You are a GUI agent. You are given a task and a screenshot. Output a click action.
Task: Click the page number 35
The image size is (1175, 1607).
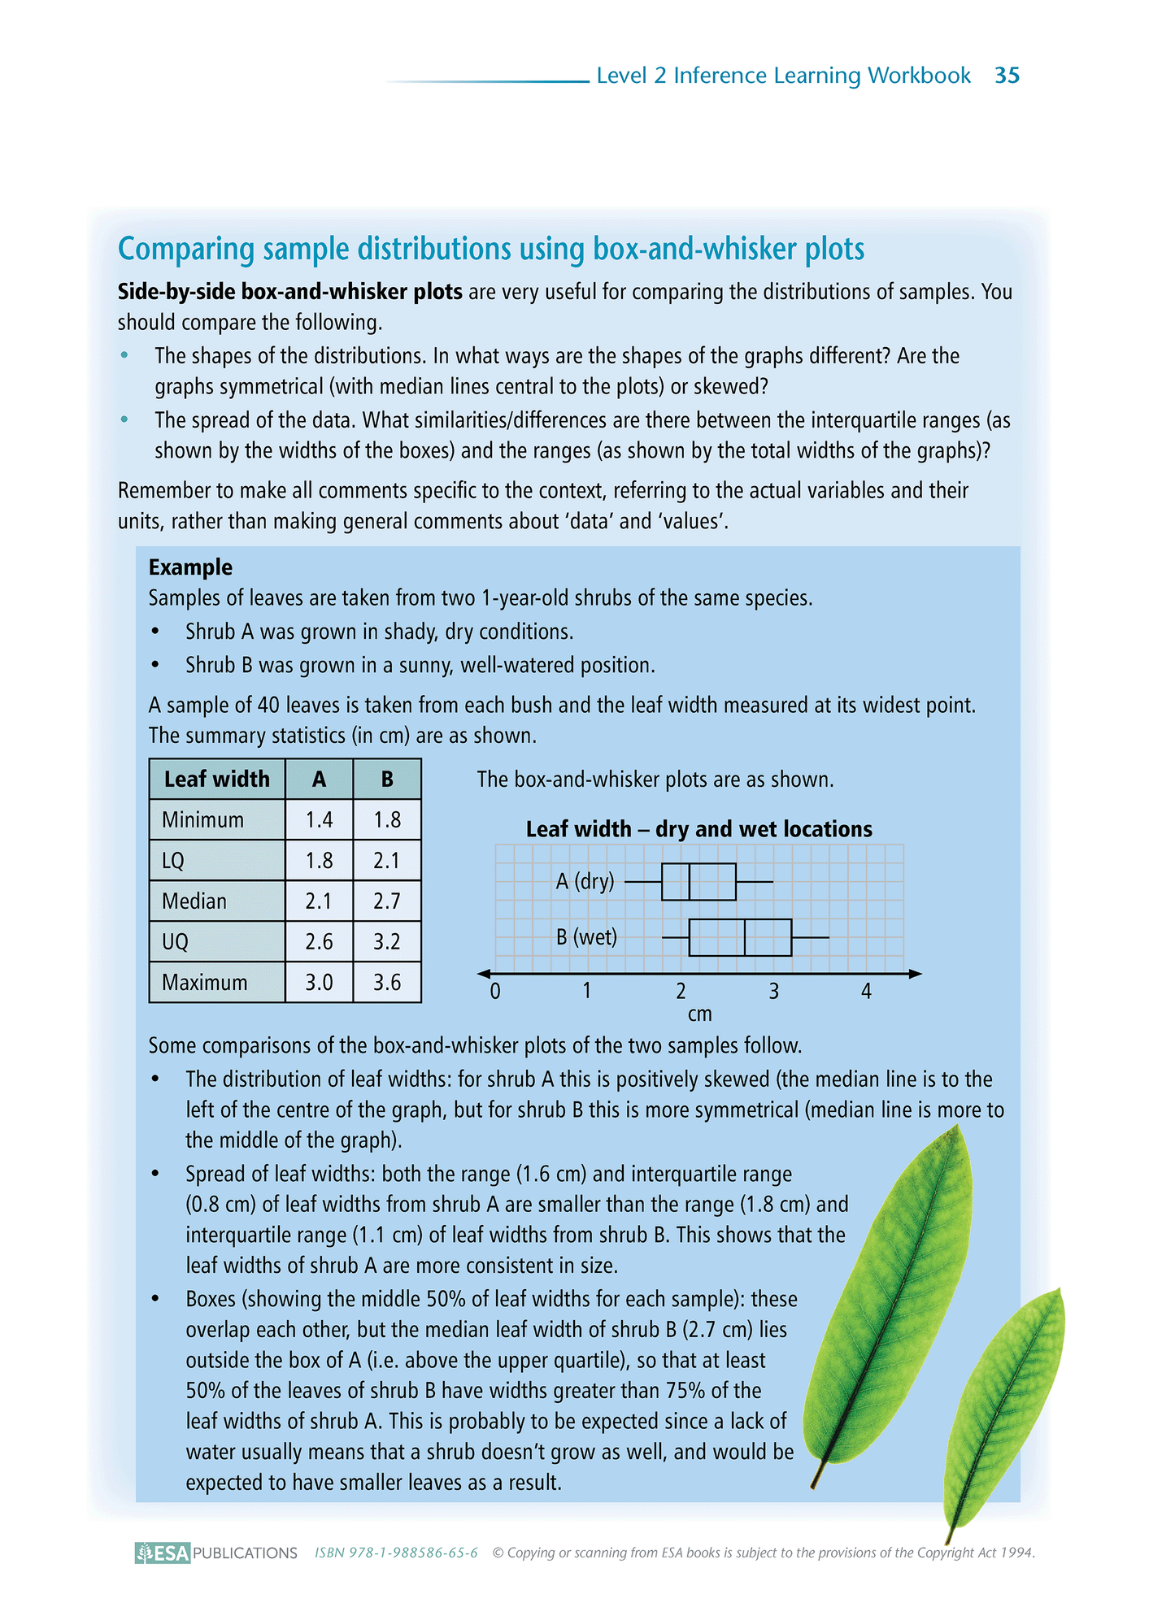(1007, 76)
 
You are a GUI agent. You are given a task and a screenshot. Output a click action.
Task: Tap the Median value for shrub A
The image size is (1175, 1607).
(319, 901)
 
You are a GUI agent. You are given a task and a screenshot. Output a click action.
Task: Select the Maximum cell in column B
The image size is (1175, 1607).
(387, 982)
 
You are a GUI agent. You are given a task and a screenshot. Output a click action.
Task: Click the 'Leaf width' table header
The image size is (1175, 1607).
(216, 779)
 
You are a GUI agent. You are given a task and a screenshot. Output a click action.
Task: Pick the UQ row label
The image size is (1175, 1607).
(176, 941)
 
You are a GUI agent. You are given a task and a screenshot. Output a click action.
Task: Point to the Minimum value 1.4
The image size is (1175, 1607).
(319, 819)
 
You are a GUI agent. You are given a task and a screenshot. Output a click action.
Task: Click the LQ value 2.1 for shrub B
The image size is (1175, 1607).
(387, 860)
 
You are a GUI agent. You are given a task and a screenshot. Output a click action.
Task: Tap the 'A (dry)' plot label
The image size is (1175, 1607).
(585, 881)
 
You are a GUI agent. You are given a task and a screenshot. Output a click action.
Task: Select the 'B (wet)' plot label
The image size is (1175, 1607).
(586, 937)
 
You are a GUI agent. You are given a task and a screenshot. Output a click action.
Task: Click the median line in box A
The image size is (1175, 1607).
(690, 882)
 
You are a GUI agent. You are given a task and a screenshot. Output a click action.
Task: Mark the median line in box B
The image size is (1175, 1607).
(745, 937)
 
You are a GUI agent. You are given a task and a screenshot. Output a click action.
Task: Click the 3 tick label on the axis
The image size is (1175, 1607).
(773, 991)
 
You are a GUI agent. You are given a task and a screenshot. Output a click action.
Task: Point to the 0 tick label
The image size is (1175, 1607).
(495, 991)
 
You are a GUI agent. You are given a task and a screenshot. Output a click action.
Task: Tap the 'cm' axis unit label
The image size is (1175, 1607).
(699, 1014)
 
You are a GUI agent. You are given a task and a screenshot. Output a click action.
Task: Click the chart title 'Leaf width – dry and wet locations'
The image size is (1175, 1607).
(698, 829)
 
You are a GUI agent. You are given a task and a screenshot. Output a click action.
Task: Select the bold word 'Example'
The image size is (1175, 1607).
(190, 567)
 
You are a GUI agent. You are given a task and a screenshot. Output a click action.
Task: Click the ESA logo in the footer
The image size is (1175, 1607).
(163, 1553)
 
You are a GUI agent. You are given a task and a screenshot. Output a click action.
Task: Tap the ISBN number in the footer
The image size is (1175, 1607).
(396, 1553)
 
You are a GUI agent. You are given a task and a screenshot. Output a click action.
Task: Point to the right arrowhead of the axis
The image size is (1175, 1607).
(916, 973)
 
